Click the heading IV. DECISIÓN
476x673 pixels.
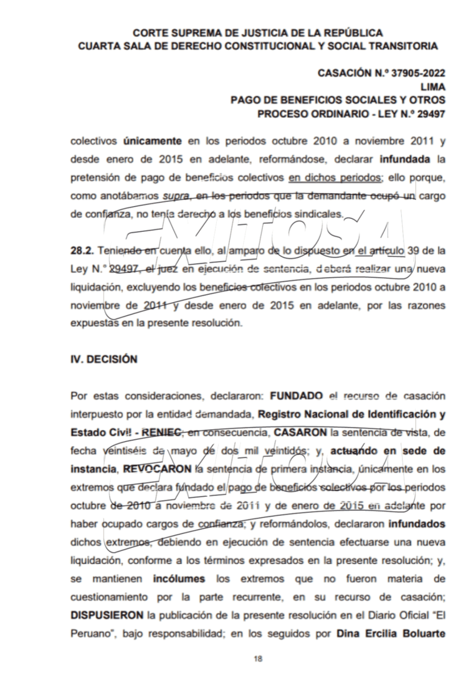point(104,360)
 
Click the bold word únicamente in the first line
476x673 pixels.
point(153,141)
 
